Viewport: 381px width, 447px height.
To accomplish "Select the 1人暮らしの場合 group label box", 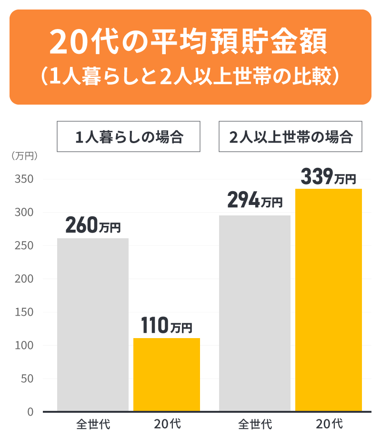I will [129, 137].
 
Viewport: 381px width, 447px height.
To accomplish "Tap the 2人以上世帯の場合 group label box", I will [291, 137].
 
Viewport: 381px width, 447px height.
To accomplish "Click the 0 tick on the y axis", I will [30, 412].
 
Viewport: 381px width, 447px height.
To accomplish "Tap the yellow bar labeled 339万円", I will [329, 300].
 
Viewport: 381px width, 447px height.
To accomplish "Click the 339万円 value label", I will [329, 178].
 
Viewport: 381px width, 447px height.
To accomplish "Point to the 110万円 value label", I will [167, 327].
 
